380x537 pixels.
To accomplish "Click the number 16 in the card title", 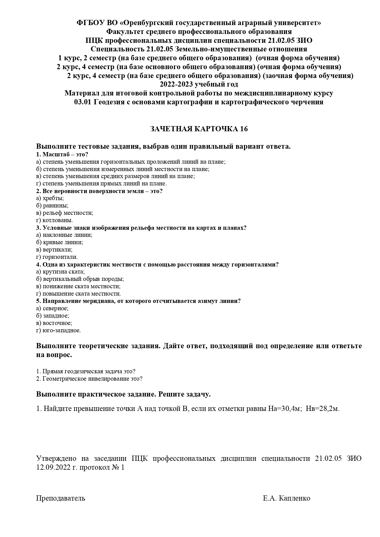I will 244,129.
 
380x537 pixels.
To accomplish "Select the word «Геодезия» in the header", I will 107,102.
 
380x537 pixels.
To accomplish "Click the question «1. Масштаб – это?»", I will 62,154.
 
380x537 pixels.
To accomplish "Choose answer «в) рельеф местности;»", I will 65,213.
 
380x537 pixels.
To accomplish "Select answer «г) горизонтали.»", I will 57,257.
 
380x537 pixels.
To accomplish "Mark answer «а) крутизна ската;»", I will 60,272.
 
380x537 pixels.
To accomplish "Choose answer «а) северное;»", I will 52,308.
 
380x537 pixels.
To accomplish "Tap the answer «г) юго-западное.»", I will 58,330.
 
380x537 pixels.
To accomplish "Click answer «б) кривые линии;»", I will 60,242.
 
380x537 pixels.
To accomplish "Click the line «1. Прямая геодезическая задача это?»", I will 86,371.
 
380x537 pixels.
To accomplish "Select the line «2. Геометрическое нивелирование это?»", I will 89,379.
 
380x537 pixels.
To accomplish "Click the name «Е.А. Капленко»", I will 286,498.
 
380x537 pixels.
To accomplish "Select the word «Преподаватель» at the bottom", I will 61,498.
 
